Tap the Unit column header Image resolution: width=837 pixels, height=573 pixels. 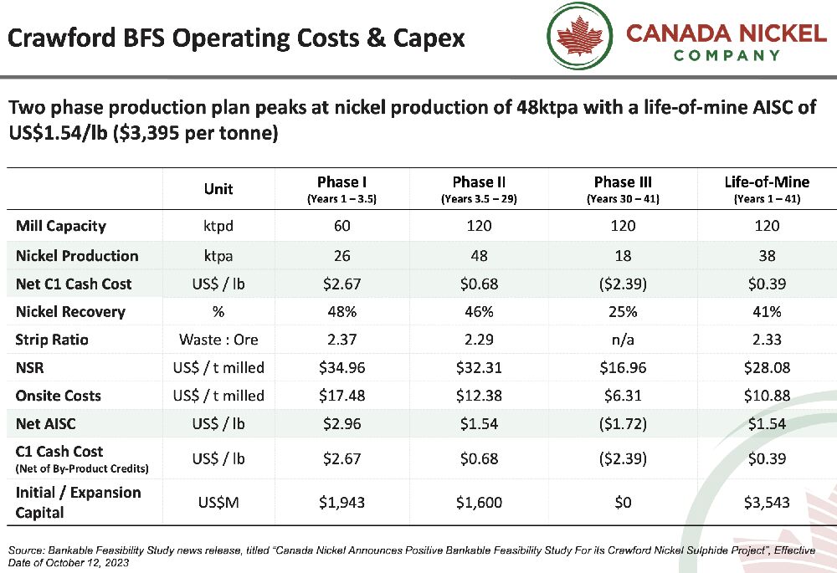coord(218,189)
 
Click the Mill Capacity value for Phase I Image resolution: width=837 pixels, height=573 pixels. coord(341,226)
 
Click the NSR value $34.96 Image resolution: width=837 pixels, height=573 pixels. coord(341,368)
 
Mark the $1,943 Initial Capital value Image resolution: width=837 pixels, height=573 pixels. coord(341,502)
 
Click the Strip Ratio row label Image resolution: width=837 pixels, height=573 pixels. coord(52,340)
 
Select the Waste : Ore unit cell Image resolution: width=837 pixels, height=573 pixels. coord(218,340)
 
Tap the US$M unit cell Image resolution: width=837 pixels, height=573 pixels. coord(218,502)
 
